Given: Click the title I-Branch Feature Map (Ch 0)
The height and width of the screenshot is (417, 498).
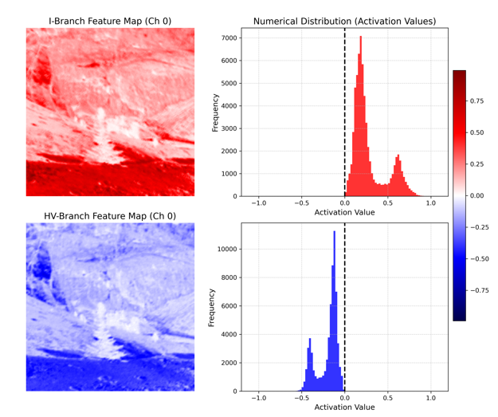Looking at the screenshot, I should [110, 21].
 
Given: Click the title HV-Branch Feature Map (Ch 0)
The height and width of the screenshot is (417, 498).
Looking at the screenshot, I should [110, 216].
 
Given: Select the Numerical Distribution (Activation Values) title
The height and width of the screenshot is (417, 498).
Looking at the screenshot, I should [344, 21].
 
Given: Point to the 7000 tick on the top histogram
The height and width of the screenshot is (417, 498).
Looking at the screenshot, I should [229, 38].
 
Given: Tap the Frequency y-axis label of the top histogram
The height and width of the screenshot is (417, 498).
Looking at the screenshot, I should [216, 112].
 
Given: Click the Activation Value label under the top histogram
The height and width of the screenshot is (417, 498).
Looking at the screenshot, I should [344, 213].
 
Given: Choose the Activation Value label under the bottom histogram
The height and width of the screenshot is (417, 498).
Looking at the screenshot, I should [344, 407].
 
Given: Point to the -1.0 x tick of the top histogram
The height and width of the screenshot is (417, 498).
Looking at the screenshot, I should [258, 203].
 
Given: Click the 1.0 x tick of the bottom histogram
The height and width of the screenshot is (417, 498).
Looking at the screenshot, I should [430, 398].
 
